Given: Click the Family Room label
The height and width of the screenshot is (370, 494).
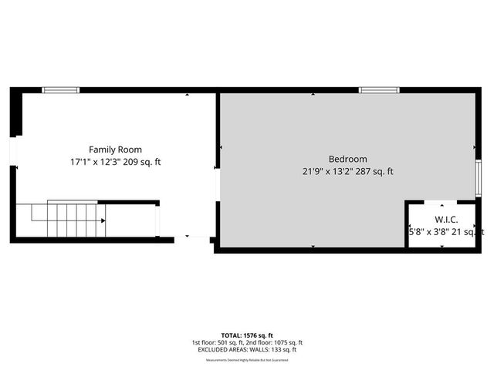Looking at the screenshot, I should pos(115,150).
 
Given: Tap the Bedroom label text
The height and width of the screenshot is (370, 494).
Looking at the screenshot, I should pos(348,159).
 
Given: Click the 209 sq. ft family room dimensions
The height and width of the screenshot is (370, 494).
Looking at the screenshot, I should pos(115,162).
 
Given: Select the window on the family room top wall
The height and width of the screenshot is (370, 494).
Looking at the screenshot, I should pos(61,90).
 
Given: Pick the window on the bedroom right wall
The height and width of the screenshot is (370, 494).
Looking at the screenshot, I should pos(478,178).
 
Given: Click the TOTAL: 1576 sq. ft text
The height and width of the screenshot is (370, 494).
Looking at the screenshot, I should pos(247,335).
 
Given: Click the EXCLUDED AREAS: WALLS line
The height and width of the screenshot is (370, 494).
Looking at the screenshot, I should pos(247,350).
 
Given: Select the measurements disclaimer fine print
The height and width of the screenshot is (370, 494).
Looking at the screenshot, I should pos(247,358).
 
